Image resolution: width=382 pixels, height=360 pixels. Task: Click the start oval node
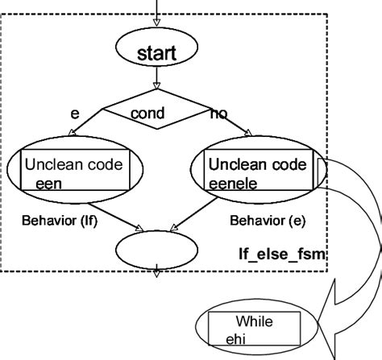coord(156,54)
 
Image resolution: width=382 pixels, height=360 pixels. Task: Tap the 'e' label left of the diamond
coord(74,114)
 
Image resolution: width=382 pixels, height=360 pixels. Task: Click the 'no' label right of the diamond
coord(218,115)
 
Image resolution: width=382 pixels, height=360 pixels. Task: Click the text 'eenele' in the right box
coord(234,183)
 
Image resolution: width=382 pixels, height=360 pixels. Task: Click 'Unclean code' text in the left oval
coord(73,165)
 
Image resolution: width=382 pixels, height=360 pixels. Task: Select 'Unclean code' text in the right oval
coord(258,165)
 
